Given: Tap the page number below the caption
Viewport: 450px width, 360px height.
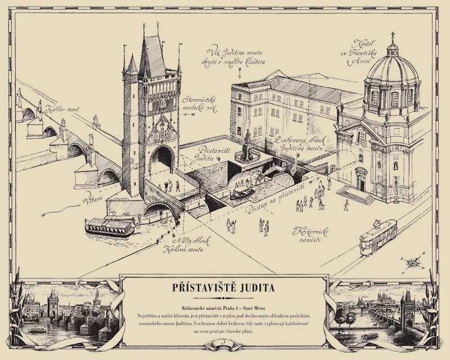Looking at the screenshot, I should (x=224, y=341).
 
